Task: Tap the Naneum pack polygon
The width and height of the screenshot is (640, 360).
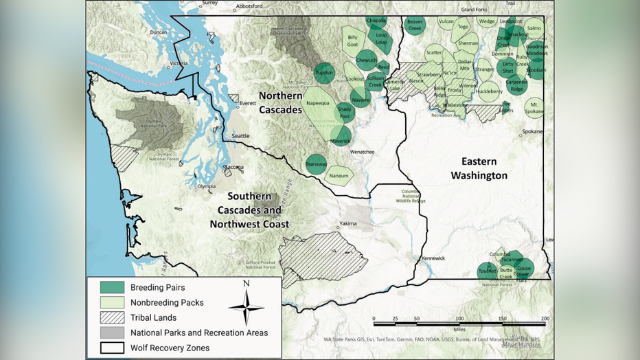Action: [x=339, y=176]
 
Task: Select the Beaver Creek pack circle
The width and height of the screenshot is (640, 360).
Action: [x=415, y=25]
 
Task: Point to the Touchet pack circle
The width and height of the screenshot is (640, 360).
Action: [x=488, y=271]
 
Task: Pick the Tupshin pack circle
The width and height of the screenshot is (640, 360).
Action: [x=324, y=72]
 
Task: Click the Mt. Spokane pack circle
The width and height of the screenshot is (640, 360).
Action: [x=534, y=107]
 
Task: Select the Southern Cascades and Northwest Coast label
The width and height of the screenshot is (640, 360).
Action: [x=249, y=210]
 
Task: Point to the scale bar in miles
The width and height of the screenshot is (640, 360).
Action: [x=459, y=320]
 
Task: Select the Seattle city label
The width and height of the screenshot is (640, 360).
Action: [x=240, y=136]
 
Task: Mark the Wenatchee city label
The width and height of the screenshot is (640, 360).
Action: [x=361, y=151]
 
